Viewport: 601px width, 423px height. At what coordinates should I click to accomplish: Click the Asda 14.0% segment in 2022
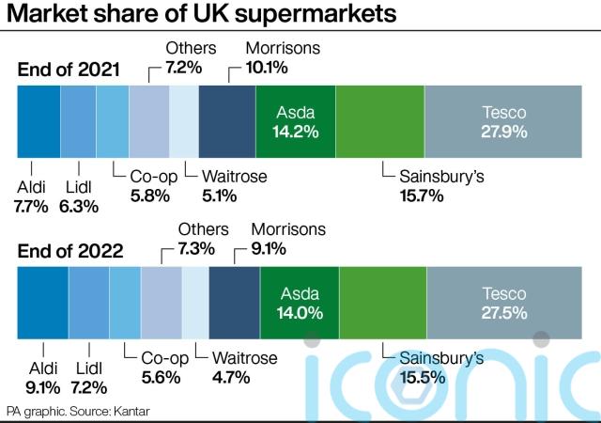(x=299, y=303)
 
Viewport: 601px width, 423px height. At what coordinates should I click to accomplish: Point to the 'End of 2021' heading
(x=69, y=70)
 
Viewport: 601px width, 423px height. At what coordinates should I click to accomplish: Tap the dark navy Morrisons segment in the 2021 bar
(x=227, y=121)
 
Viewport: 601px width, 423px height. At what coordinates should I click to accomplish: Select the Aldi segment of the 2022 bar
(x=42, y=302)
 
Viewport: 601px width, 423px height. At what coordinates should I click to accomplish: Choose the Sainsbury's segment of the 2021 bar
(x=379, y=121)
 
